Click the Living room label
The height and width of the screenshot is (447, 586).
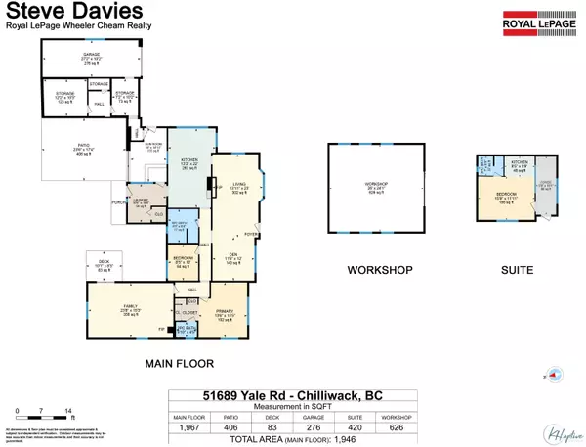[x=240, y=187]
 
